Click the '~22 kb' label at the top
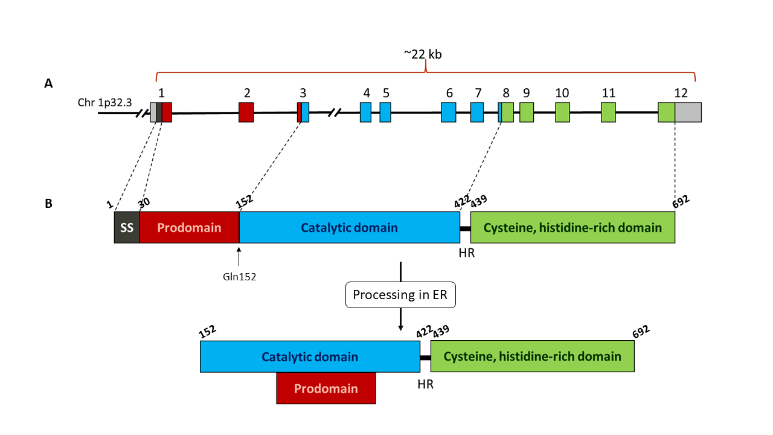coord(423,54)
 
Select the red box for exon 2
coord(246,112)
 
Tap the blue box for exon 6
coord(448,112)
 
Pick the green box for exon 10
coord(562,112)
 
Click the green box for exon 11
coord(608,112)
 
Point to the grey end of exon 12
coord(688,112)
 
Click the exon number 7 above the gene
coord(478,93)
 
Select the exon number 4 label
coord(367,93)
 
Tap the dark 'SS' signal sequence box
coord(127,228)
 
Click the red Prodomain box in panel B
coord(189,228)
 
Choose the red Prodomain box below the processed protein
coord(326,388)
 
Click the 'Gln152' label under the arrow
coord(239,277)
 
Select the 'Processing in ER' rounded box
coord(400,295)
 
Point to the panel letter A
coord(48,84)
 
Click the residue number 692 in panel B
coord(680,201)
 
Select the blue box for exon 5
coord(385,112)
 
